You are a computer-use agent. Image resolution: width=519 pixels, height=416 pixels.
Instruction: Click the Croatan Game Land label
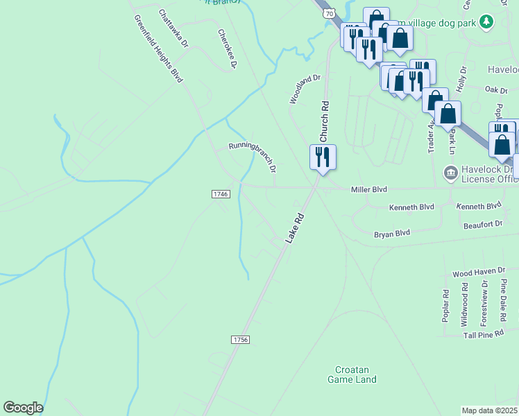click(352, 374)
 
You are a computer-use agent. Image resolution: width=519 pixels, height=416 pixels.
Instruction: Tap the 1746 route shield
click(221, 194)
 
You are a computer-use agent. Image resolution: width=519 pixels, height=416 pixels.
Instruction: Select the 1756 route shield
click(240, 339)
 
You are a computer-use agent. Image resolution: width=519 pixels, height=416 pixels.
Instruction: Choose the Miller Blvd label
click(368, 189)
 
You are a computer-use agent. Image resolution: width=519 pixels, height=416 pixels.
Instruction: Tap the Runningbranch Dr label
click(253, 156)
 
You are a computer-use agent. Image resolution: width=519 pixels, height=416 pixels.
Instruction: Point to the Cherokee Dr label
click(228, 49)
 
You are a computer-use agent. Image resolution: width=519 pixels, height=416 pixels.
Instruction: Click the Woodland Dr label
click(305, 89)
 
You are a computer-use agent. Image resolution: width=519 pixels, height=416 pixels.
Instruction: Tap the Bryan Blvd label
click(392, 234)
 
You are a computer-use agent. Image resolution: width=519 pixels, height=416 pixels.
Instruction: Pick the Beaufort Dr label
click(484, 224)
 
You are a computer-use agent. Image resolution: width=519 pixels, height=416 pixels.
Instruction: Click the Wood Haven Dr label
click(479, 274)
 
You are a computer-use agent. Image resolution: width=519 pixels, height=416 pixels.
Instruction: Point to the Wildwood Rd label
click(465, 304)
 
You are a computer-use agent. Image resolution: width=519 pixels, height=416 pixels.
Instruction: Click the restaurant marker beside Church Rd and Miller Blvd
click(323, 157)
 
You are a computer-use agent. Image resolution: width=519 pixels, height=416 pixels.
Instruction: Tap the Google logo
click(23, 408)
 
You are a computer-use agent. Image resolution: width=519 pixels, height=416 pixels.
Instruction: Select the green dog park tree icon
click(487, 21)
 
